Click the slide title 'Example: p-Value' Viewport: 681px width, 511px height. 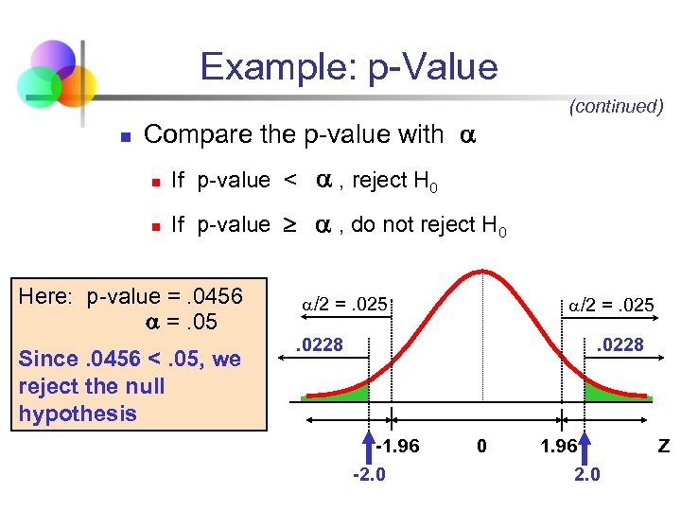tap(348, 67)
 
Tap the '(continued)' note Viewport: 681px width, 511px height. tap(616, 107)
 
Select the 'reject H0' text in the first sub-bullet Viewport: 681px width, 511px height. tap(394, 181)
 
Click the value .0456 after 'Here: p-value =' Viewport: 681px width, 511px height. tap(217, 296)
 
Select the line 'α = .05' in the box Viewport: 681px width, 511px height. tap(180, 322)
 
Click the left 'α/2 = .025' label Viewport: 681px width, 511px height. tap(344, 306)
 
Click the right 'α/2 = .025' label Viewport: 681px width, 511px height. tap(611, 306)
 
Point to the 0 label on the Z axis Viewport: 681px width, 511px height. tap(481, 446)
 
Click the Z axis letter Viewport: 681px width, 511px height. tap(664, 446)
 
